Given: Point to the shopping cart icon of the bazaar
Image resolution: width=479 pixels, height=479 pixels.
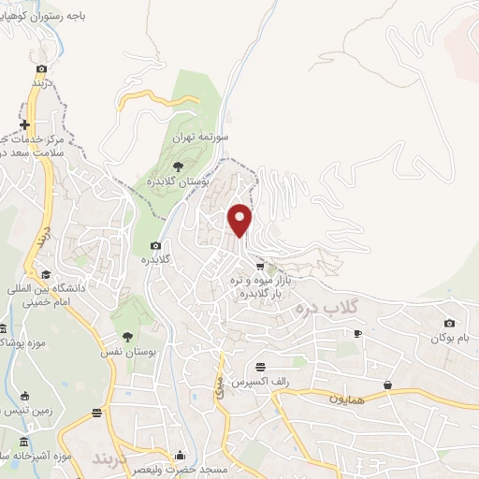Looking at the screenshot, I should (x=260, y=267).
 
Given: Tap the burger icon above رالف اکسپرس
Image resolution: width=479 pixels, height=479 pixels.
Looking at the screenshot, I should (x=260, y=367).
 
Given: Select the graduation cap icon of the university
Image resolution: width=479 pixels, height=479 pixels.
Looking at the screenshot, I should (x=45, y=274).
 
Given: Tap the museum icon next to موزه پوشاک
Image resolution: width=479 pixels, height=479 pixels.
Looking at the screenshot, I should (x=3, y=329).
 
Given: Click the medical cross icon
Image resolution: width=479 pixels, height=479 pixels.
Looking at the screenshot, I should (x=24, y=125).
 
